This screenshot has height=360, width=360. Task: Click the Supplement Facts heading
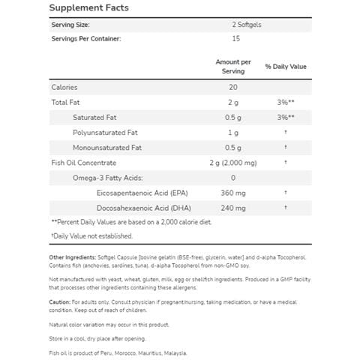click(89, 8)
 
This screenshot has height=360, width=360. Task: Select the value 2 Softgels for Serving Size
click(233, 25)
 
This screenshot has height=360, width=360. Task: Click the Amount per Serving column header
click(233, 66)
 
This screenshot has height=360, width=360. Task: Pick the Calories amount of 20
click(233, 88)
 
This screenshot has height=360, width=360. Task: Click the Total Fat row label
click(65, 103)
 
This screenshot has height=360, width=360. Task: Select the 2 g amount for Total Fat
click(233, 103)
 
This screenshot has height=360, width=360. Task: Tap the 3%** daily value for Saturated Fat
click(284, 117)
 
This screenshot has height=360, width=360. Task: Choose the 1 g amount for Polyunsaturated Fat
click(233, 132)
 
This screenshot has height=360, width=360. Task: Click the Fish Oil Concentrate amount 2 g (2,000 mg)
click(233, 162)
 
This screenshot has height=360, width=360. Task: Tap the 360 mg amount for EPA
click(233, 192)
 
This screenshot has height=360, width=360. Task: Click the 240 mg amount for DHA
click(233, 206)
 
